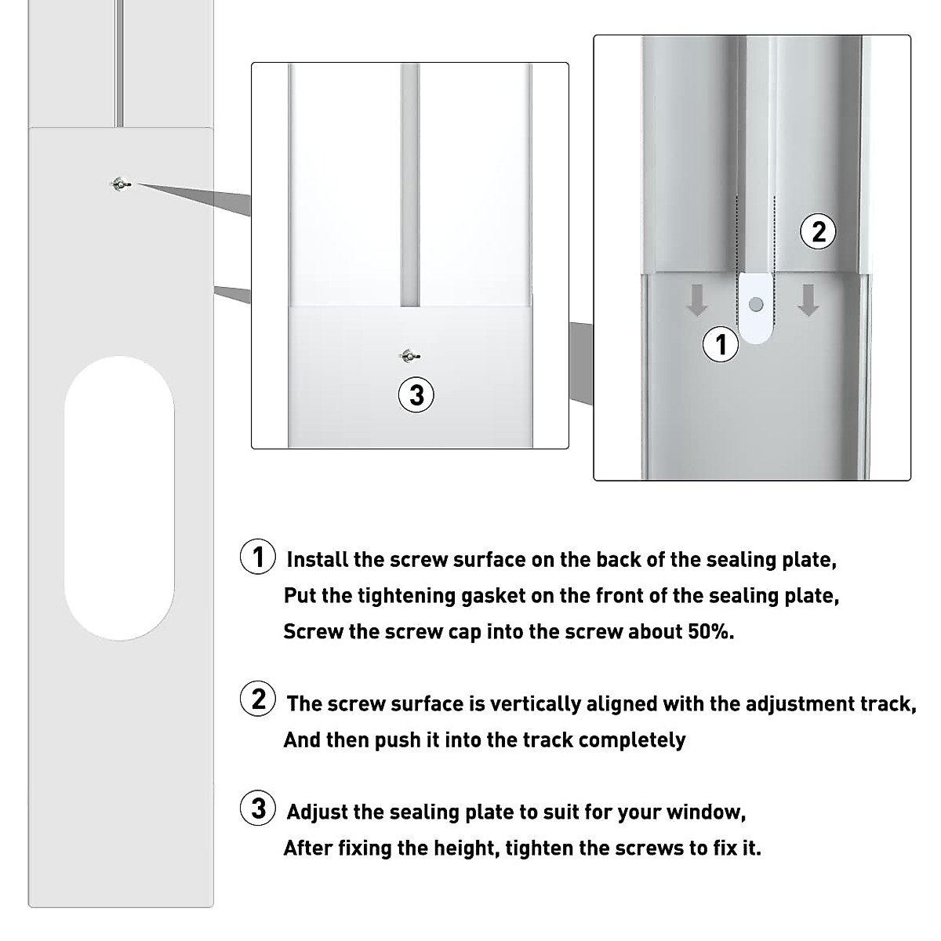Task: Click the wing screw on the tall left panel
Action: coord(120,184)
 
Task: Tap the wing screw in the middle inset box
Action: coord(409,356)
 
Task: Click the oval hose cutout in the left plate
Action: coord(119,498)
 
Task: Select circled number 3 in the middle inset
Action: coord(416,395)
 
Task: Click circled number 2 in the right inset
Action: coord(818,232)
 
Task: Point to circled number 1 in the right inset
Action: coord(721,344)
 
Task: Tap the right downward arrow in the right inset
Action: coord(808,301)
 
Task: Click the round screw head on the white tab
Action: coord(756,304)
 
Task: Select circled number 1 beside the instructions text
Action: coord(257,558)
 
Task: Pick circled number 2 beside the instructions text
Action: coord(257,699)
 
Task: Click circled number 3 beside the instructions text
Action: coord(257,808)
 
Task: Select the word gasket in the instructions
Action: coord(493,596)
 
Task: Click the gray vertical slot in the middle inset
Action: coord(410,184)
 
